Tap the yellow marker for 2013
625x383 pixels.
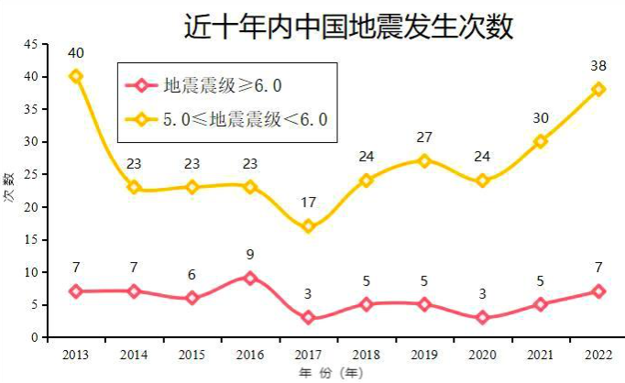tap(76, 76)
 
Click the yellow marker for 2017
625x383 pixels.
tap(308, 226)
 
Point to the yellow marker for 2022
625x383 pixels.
tap(598, 89)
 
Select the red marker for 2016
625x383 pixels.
tap(250, 278)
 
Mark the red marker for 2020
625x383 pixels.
tap(482, 317)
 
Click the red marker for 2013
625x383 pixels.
tap(76, 291)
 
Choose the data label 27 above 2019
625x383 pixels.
tap(424, 137)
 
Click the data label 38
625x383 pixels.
tap(598, 66)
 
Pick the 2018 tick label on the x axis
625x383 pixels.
tap(366, 353)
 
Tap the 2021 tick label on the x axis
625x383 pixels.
tap(540, 353)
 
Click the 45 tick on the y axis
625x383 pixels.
tap(31, 44)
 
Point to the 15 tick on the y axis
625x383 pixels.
tap(31, 240)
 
